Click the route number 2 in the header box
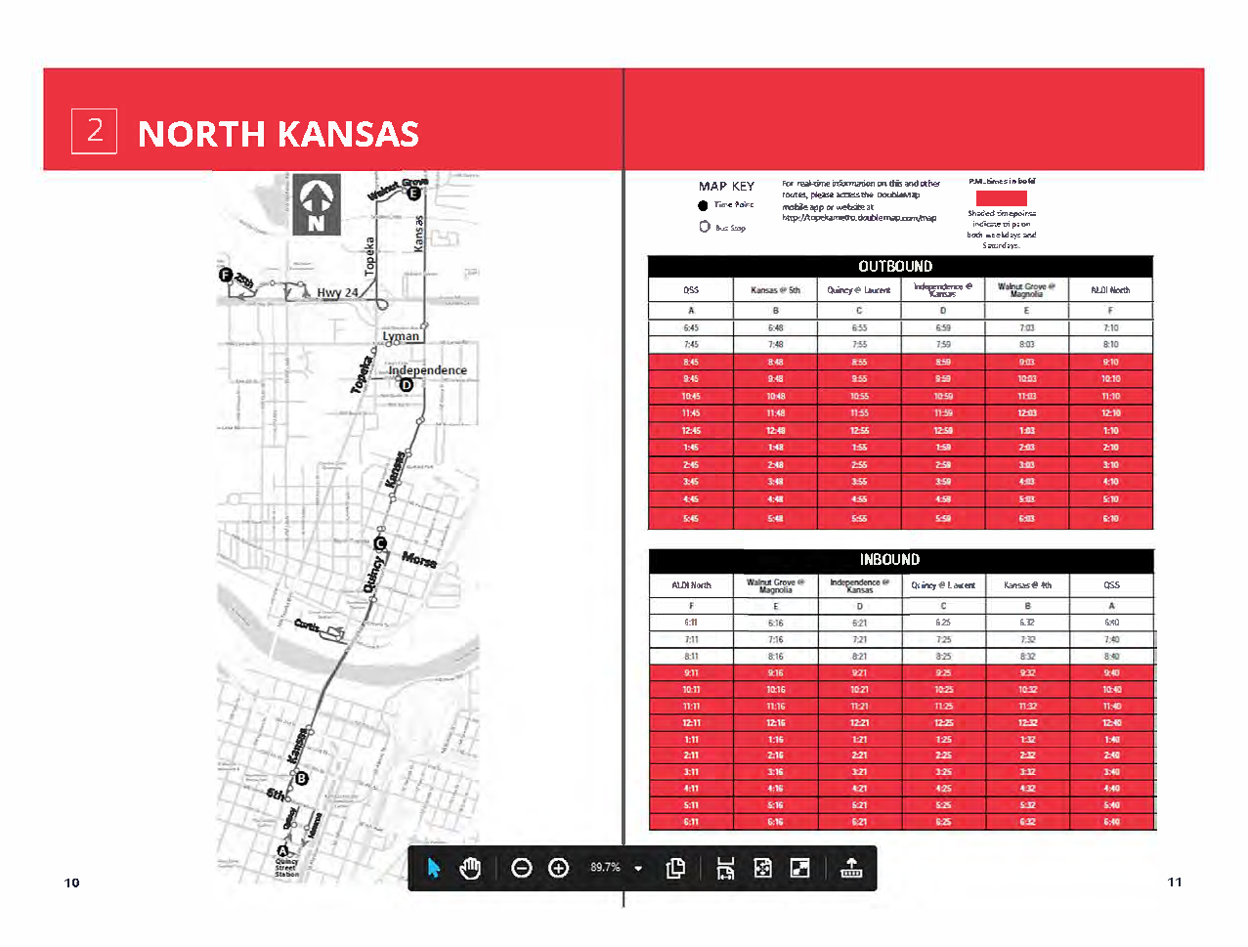[x=95, y=131]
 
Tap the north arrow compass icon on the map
[x=317, y=204]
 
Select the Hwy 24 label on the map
[x=337, y=292]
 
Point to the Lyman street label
[x=401, y=336]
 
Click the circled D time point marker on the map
[x=407, y=385]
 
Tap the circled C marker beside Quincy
[x=381, y=543]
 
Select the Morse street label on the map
[x=419, y=560]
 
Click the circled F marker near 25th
[x=226, y=275]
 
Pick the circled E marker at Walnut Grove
[x=413, y=194]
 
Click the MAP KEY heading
[x=726, y=186]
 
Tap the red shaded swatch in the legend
[x=1001, y=197]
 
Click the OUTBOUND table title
[x=895, y=267]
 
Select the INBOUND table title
[x=889, y=560]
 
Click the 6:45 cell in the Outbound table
[x=691, y=328]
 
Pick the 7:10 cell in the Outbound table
[x=1111, y=328]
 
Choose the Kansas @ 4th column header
[x=1027, y=585]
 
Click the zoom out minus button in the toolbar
[x=522, y=868]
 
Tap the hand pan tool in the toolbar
[x=470, y=868]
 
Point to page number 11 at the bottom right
[x=1175, y=882]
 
